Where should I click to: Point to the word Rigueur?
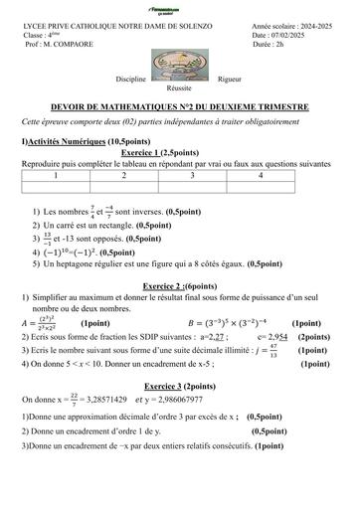point(230,78)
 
